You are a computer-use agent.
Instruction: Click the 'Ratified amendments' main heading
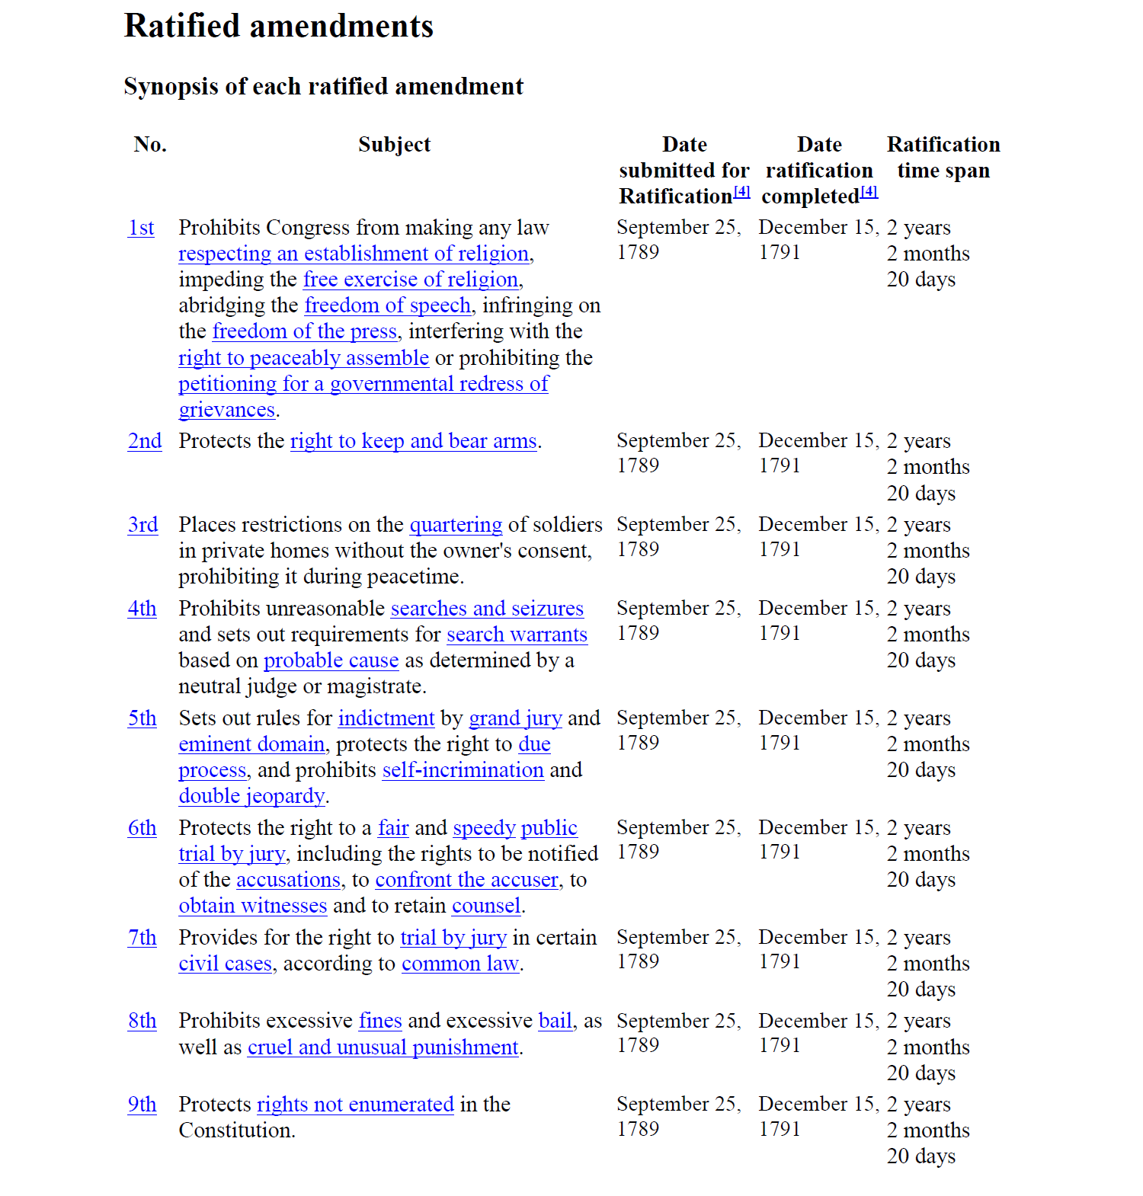tap(278, 26)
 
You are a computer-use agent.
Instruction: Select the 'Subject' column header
tap(394, 145)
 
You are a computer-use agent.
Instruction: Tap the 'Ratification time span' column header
tap(943, 158)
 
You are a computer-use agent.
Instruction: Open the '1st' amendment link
tap(141, 228)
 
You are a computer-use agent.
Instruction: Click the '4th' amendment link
tap(142, 609)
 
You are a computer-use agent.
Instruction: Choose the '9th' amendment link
tap(142, 1105)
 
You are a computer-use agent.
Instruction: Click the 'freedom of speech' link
tap(388, 305)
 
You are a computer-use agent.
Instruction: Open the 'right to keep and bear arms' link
tap(414, 441)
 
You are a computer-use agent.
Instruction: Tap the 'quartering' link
tap(456, 525)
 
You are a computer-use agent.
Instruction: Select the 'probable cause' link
tap(331, 660)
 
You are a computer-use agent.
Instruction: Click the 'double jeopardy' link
tap(251, 796)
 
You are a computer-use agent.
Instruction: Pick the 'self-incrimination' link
tap(463, 770)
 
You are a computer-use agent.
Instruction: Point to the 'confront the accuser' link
tap(467, 880)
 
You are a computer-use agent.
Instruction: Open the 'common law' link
tap(460, 964)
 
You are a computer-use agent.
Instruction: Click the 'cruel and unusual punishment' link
tap(383, 1047)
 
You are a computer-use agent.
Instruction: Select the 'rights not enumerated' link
tap(355, 1105)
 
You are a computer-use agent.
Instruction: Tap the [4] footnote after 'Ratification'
tap(742, 192)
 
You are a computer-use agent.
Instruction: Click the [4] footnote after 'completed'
tap(869, 192)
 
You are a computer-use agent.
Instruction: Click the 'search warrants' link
tap(517, 635)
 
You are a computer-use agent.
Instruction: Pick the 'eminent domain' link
tap(251, 744)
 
